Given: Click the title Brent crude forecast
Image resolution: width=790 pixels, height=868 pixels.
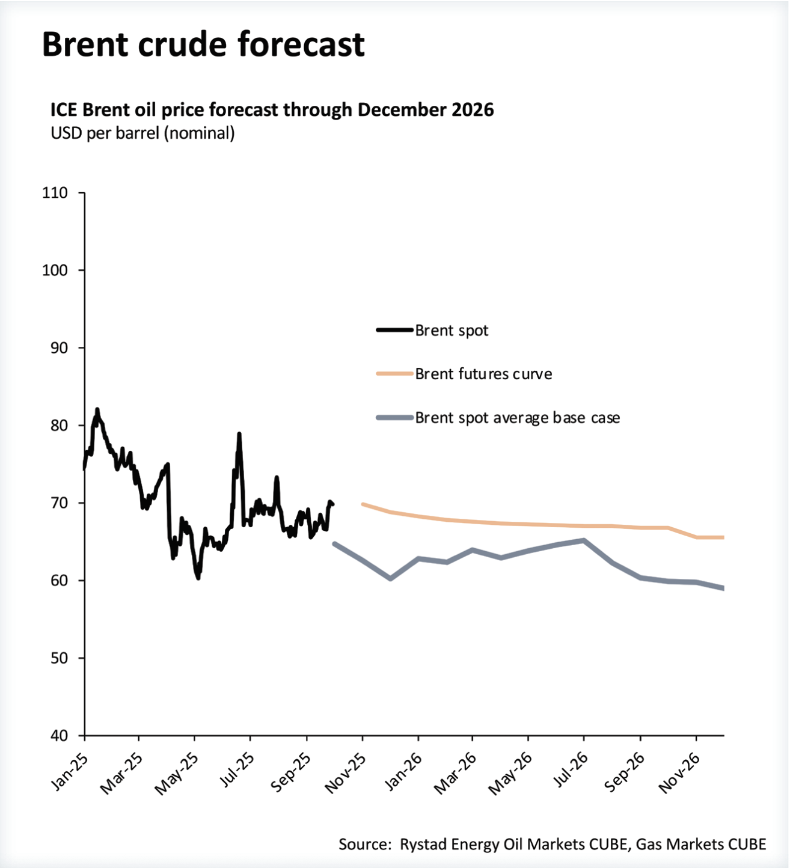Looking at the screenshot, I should tap(203, 44).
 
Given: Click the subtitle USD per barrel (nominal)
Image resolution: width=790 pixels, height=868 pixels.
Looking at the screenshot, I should tap(142, 133).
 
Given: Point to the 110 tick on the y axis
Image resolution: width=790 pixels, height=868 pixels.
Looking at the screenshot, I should tap(55, 193).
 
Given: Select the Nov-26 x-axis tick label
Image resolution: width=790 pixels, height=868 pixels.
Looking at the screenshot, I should tap(680, 773).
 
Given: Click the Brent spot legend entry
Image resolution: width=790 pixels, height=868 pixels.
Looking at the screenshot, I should tap(452, 331).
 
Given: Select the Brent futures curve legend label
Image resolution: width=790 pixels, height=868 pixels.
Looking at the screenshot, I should tap(483, 374).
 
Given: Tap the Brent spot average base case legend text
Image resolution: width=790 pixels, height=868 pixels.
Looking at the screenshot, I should tap(517, 418).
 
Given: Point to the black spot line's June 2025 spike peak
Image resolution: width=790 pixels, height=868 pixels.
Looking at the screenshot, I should tap(239, 433).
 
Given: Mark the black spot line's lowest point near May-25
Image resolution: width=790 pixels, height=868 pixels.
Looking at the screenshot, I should tap(198, 578).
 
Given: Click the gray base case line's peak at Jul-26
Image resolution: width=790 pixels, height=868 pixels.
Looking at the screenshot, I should tap(583, 540).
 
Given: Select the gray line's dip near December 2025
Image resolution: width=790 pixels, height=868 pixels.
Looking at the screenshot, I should tap(391, 578).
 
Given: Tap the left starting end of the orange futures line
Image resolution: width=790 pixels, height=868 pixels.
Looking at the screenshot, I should tap(363, 504).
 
